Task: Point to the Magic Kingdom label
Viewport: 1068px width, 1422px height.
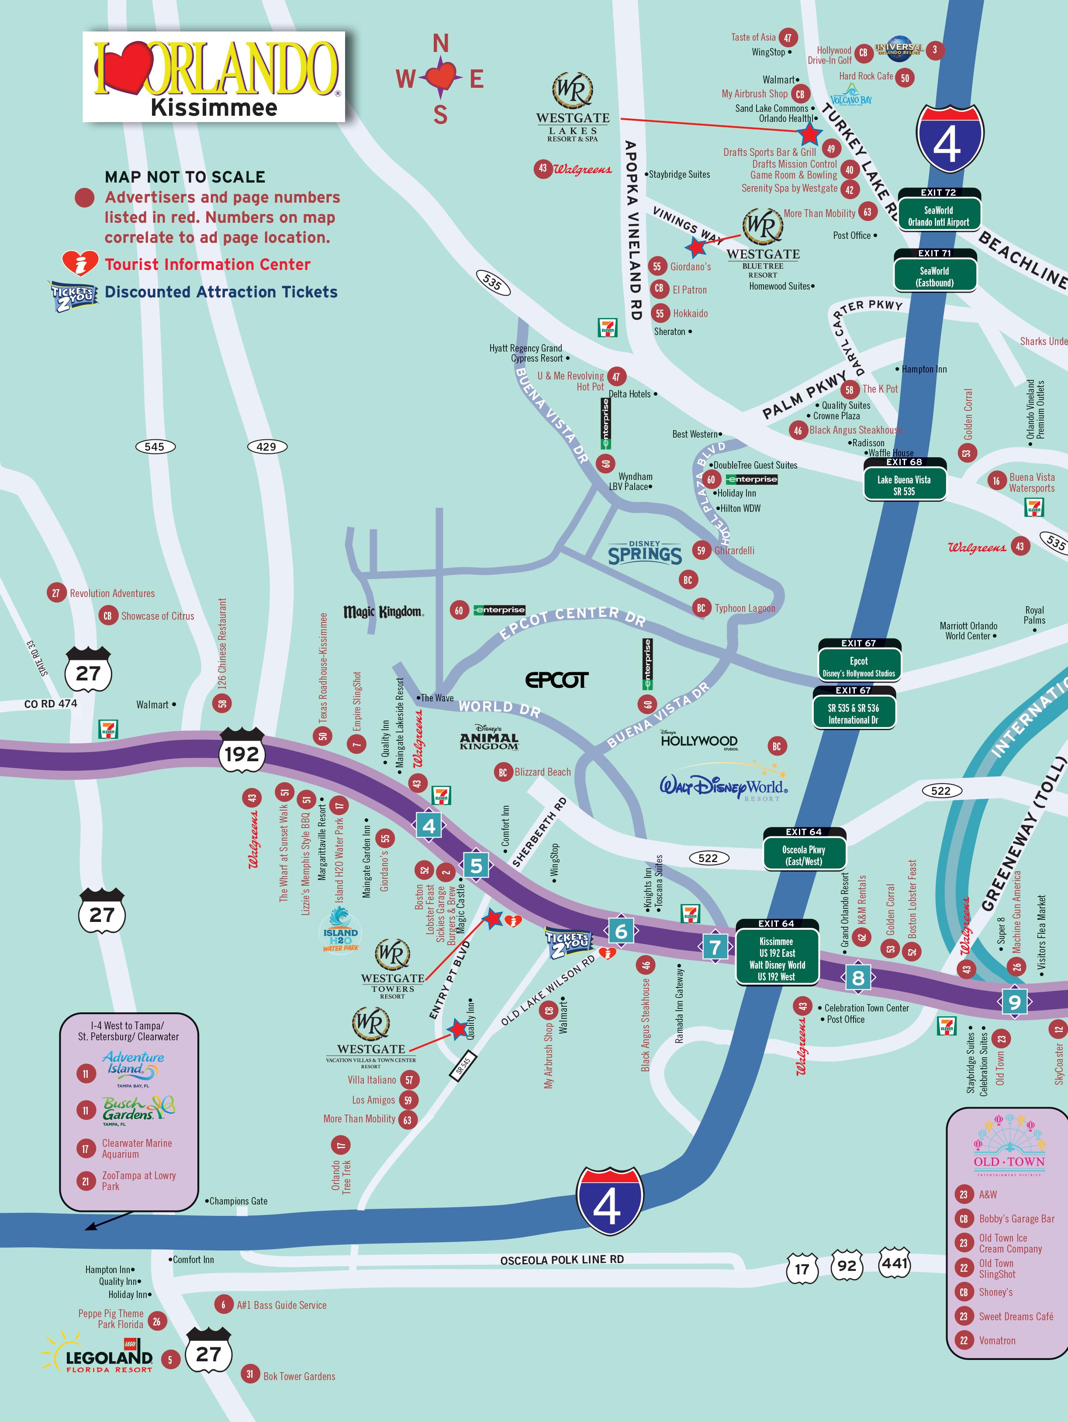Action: tap(383, 611)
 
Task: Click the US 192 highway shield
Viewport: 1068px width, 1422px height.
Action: tap(241, 753)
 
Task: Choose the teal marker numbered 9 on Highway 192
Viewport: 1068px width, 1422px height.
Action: tap(1014, 1001)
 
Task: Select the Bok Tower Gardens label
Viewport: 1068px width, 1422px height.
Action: tap(299, 1376)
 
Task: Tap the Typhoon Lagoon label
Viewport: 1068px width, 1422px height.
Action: tap(745, 608)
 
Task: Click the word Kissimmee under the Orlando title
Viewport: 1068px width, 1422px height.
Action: tap(214, 107)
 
